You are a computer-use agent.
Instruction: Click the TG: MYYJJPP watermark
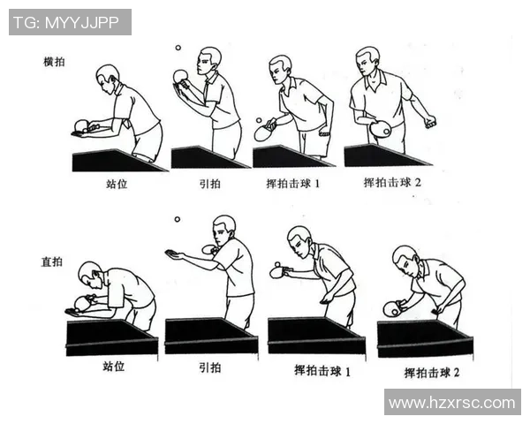pos(69,22)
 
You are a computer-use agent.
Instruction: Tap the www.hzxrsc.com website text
pos(451,402)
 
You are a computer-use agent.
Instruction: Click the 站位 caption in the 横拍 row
pos(116,185)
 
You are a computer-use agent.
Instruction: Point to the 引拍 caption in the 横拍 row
pos(208,185)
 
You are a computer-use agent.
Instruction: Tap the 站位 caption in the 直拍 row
pos(113,365)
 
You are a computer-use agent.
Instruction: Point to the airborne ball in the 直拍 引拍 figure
pos(177,219)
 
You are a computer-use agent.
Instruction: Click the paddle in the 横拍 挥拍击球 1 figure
pos(264,132)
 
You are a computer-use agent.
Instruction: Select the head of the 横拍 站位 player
pos(108,76)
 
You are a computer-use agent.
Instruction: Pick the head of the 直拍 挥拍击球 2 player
pos(405,257)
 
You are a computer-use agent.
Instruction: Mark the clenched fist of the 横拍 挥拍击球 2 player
pos(430,122)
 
